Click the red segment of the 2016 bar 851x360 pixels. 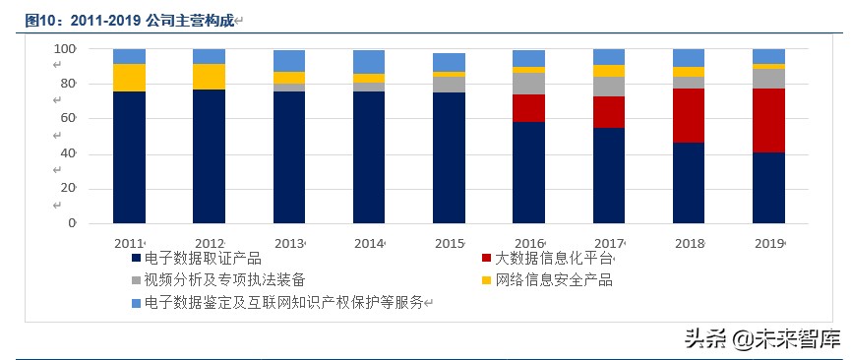coord(528,108)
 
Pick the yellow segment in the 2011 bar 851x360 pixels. coord(129,78)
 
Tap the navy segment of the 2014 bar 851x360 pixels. coord(369,157)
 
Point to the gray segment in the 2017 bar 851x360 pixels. coord(608,87)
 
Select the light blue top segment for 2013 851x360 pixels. coord(289,61)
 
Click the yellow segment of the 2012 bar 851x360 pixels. coord(209,77)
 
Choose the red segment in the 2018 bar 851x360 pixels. coord(689,115)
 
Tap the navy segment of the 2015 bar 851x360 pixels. coord(449,157)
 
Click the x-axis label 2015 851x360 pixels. coord(449,243)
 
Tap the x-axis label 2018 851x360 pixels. coord(688,243)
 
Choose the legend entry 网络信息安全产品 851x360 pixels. coord(553,281)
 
